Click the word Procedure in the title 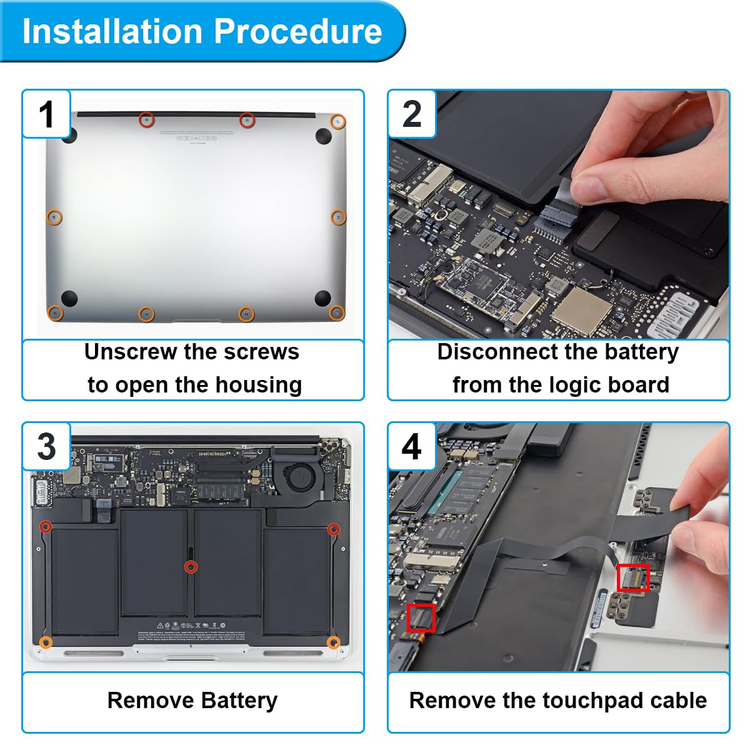pos(297,31)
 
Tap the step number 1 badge pos(46,114)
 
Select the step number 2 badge pos(412,114)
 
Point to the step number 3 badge pos(46,446)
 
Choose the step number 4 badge pos(412,446)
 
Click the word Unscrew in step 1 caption pos(128,352)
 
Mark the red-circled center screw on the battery pos(191,567)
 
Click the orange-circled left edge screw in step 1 pos(55,217)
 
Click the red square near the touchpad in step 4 pos(633,577)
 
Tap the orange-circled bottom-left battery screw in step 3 pos(46,642)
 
